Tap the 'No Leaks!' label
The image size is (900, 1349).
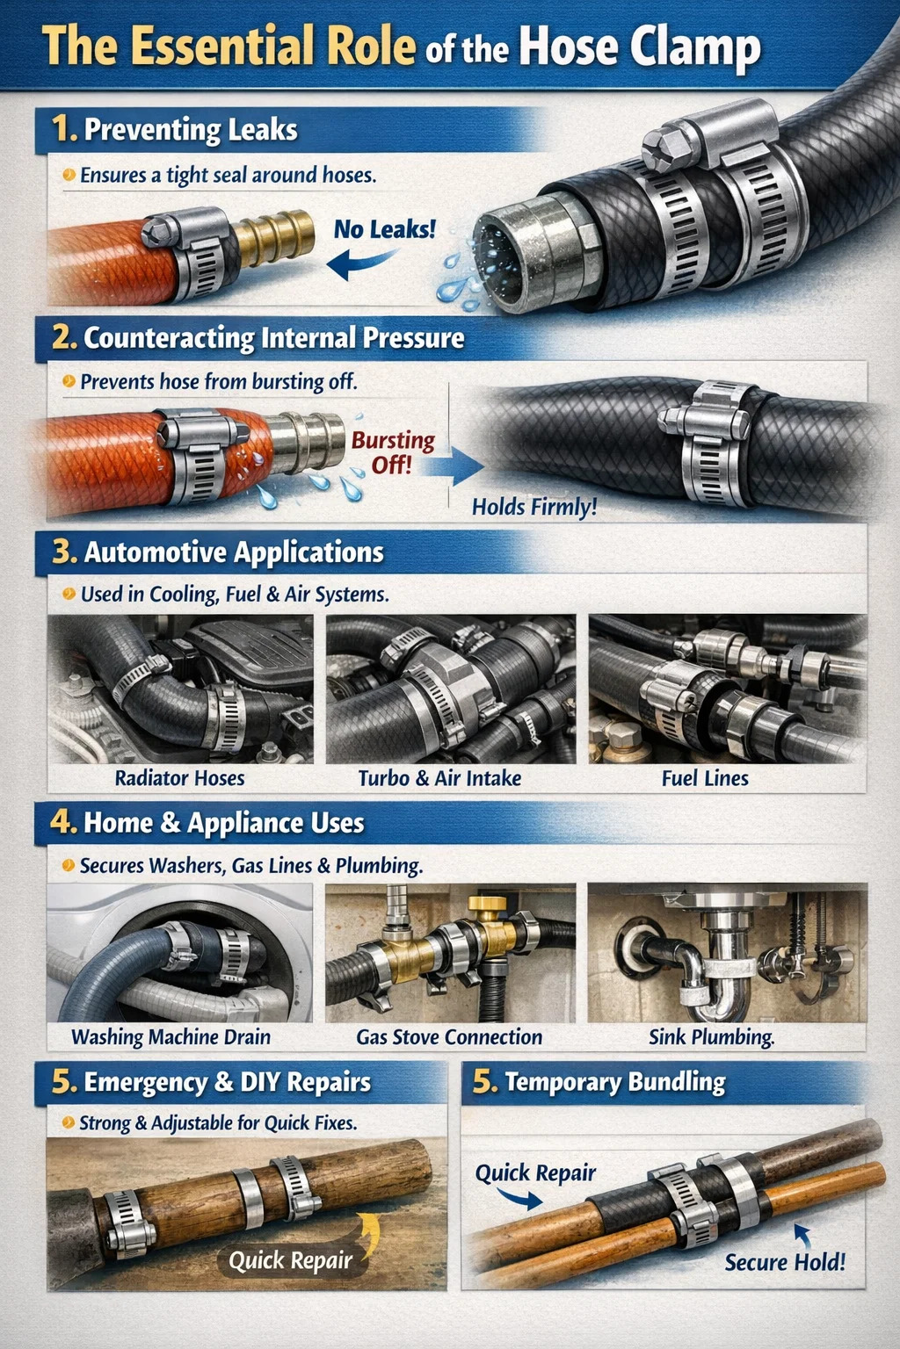(385, 229)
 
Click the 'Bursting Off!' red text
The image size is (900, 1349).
(392, 453)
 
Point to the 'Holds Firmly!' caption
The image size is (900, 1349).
(534, 507)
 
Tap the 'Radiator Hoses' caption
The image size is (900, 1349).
(179, 778)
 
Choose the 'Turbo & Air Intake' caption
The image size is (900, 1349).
(439, 778)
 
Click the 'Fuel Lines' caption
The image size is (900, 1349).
(705, 778)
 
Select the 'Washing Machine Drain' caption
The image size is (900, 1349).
(171, 1037)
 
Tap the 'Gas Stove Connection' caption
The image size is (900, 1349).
(449, 1037)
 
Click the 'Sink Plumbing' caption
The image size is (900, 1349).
(711, 1037)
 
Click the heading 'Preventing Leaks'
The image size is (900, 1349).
(191, 130)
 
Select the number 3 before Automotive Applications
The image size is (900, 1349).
(63, 552)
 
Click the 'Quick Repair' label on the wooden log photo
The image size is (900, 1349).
(291, 1260)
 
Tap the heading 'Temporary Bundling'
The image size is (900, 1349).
(615, 1082)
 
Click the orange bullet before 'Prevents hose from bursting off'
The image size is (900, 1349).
(69, 381)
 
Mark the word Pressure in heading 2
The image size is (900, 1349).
(413, 338)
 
